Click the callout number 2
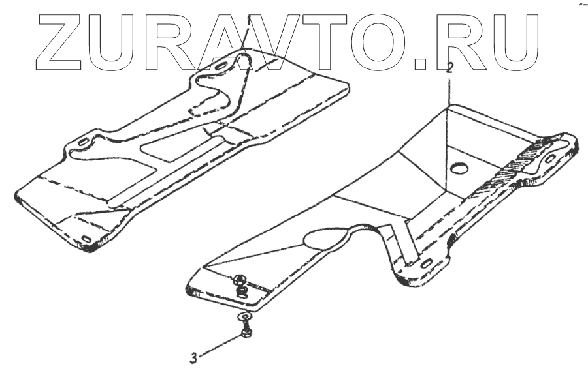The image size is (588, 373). click(x=449, y=67)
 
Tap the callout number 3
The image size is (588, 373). click(x=193, y=357)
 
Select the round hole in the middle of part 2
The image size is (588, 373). click(x=460, y=169)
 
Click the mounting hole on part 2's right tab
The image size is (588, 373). click(x=550, y=157)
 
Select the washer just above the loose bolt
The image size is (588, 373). click(x=245, y=319)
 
